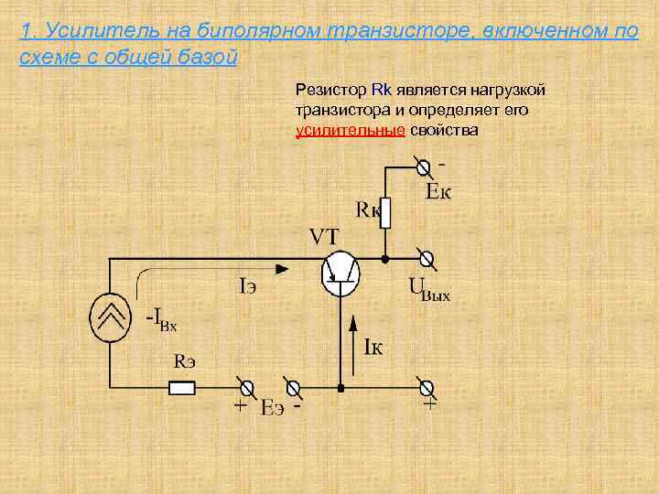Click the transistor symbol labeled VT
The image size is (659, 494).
(x=340, y=272)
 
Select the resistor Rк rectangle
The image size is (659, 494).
(x=385, y=213)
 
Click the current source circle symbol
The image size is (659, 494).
(x=112, y=319)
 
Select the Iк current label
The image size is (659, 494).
(x=373, y=347)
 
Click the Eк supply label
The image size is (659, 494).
(x=439, y=191)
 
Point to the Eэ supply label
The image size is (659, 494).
(x=272, y=409)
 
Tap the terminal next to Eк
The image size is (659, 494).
(x=423, y=167)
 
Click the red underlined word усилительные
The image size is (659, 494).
(x=351, y=130)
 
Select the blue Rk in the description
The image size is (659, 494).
(x=382, y=90)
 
